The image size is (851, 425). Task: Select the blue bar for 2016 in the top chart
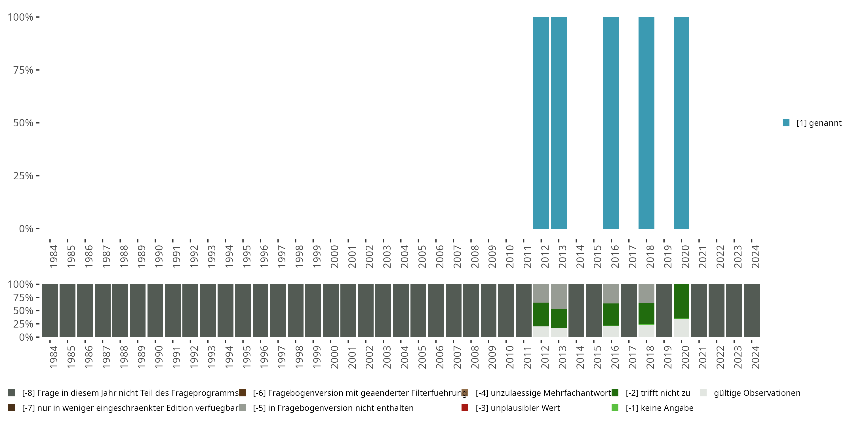(x=611, y=123)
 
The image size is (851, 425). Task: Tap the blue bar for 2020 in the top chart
(x=681, y=123)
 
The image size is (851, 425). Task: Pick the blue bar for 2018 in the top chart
(x=646, y=123)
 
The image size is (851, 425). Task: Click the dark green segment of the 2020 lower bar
(x=681, y=301)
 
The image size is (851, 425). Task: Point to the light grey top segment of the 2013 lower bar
(x=559, y=296)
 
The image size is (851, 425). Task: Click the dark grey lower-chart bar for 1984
(x=50, y=311)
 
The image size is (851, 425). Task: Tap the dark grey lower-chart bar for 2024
(x=751, y=311)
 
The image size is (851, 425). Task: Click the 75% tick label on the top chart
(x=23, y=70)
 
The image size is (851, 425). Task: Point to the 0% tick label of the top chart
(x=26, y=229)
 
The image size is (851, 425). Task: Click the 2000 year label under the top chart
(x=334, y=257)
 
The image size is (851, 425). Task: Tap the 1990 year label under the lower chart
(x=159, y=357)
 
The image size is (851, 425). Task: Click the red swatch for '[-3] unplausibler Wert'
(x=465, y=408)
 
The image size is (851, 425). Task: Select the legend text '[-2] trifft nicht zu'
(x=658, y=393)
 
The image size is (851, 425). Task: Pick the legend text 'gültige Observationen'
(x=757, y=393)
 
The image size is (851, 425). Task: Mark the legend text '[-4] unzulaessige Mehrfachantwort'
(x=543, y=393)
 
